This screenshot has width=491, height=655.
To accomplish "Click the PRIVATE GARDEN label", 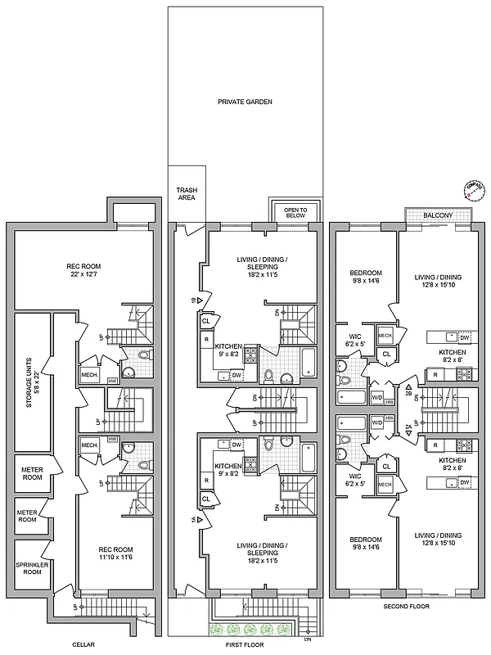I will point(245,102).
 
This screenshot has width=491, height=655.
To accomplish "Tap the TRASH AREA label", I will point(187,194).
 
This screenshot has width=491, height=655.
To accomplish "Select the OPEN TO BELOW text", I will point(295,214).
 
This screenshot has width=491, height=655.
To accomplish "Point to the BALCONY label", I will point(438,215).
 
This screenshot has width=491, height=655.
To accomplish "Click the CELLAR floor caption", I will point(82,645).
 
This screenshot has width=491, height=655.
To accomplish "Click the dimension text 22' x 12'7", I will point(84,274).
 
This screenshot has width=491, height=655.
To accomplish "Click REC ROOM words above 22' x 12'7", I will point(84,265).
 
